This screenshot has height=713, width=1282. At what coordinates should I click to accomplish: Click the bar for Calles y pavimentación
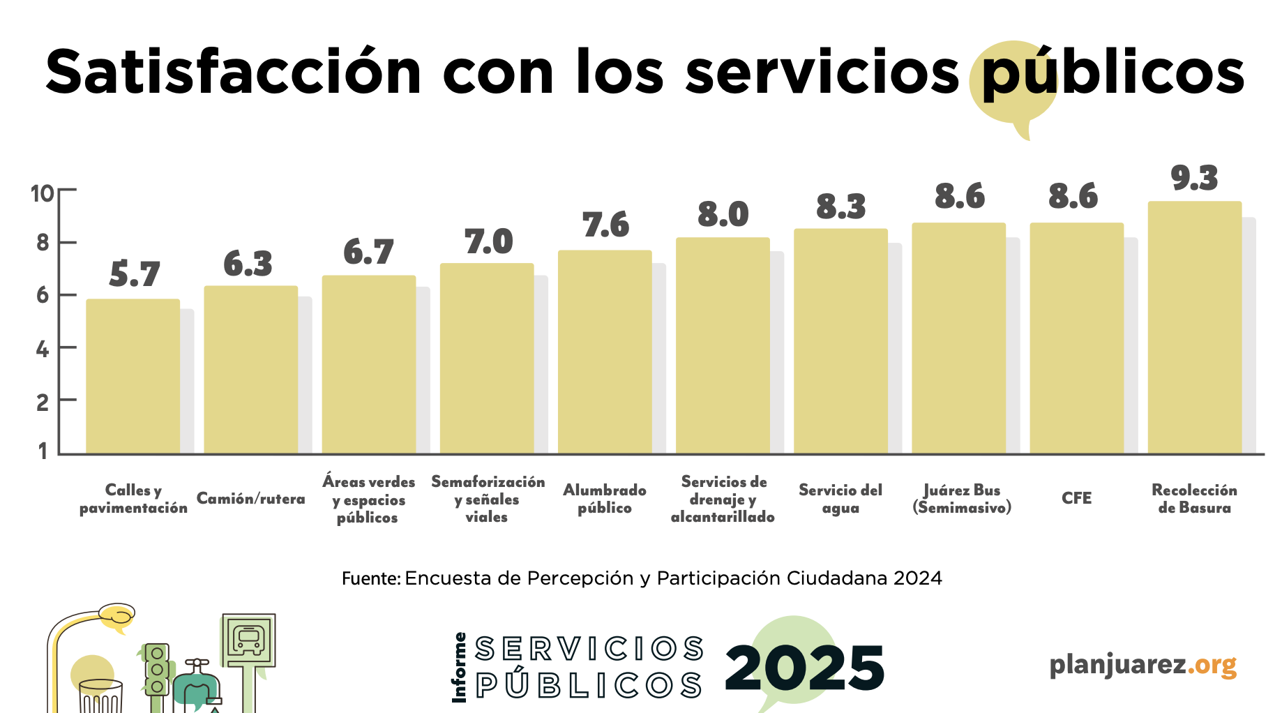(x=133, y=377)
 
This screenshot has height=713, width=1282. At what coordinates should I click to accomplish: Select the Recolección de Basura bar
(x=1194, y=328)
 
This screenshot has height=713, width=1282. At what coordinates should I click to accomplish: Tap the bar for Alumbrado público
(x=605, y=352)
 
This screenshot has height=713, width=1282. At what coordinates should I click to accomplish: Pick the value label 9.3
(x=1194, y=179)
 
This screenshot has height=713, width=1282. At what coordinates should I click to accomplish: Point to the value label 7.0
(x=488, y=242)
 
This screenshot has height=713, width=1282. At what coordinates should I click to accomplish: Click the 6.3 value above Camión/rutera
(x=248, y=264)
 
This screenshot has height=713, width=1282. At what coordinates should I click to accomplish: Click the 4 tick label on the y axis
(x=42, y=348)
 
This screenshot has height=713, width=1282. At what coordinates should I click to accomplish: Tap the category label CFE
(x=1076, y=498)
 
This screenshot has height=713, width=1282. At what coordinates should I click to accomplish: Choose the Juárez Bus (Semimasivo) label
(x=962, y=499)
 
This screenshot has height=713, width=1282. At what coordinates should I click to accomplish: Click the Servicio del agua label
(x=840, y=499)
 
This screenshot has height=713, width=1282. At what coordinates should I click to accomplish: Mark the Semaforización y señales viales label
(x=488, y=499)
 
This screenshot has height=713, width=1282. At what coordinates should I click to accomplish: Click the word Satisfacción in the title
(x=234, y=73)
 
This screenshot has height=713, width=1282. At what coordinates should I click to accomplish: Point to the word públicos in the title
(x=1113, y=73)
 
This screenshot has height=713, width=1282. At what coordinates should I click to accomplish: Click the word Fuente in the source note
(x=370, y=578)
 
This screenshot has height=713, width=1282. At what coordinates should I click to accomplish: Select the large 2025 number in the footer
(x=804, y=668)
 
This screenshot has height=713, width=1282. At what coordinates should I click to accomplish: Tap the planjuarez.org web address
(x=1143, y=664)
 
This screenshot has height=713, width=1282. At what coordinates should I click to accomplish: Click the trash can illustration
(x=101, y=696)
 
